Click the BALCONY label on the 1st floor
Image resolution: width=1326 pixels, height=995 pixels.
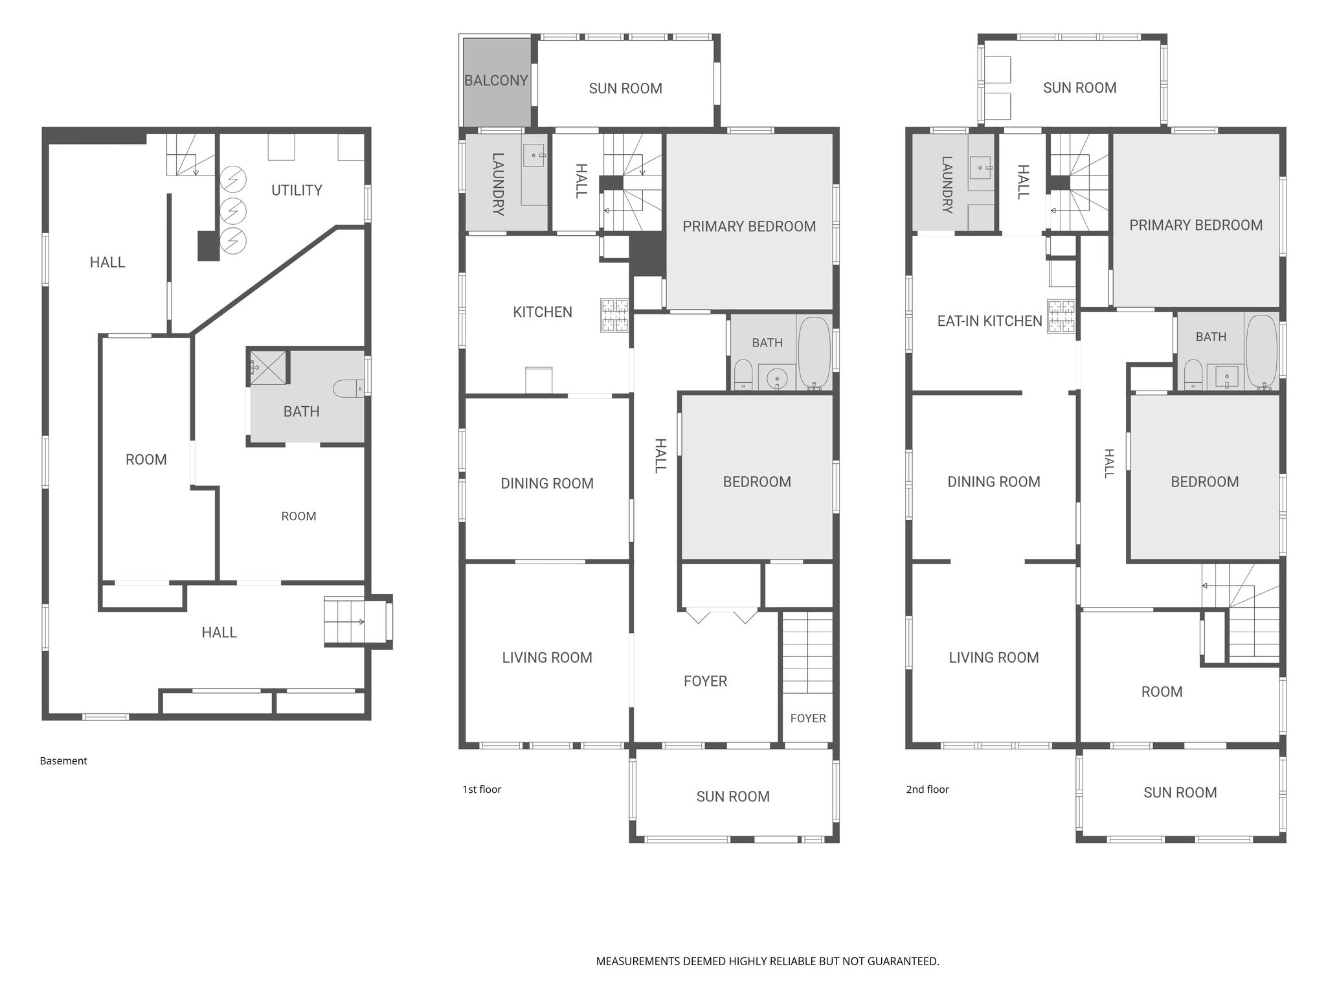click(496, 80)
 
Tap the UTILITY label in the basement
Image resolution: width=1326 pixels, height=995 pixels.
click(297, 190)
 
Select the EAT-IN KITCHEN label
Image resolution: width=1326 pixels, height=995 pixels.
click(990, 321)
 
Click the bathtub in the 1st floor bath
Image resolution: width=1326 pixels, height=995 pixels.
click(814, 352)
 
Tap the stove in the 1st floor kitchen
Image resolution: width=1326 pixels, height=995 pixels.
click(614, 315)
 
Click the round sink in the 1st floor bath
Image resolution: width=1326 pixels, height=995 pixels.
click(776, 377)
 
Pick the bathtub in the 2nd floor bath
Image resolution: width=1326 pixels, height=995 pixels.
click(1261, 351)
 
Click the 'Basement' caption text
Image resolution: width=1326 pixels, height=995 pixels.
click(63, 761)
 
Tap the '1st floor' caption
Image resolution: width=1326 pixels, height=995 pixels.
click(482, 789)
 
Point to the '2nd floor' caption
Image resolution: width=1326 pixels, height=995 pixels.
click(927, 789)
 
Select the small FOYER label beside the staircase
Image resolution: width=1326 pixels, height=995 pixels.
click(808, 718)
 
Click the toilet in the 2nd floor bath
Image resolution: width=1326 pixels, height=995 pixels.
click(1193, 374)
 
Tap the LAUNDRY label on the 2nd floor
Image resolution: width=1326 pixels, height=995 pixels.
click(947, 185)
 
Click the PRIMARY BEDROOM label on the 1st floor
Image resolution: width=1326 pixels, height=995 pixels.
click(749, 227)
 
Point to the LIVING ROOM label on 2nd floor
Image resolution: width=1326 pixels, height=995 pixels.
click(994, 658)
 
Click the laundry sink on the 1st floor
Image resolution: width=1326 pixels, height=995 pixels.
click(534, 155)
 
